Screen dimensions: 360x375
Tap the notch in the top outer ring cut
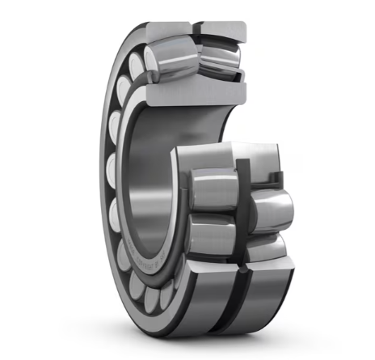196,28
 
